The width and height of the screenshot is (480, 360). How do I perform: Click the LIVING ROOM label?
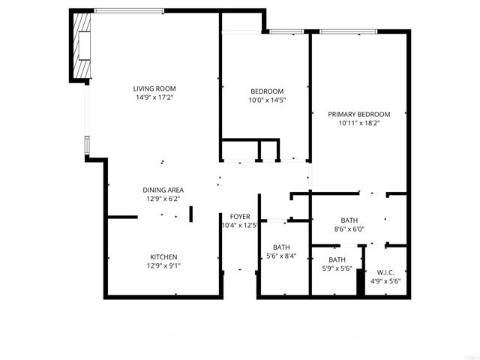155,88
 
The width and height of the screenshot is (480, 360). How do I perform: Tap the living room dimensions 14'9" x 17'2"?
155,97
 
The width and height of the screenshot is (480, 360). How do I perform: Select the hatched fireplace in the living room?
82,46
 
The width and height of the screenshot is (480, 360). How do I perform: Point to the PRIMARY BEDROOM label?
358,114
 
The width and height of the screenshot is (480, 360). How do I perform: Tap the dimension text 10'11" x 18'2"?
358,124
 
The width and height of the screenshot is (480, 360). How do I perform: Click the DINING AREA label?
163,190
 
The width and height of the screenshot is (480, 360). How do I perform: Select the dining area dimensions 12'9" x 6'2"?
163,199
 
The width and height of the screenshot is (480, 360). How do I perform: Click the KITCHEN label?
163,256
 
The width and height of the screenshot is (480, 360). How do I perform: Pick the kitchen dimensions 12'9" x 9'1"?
163,266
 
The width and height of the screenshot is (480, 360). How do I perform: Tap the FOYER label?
240,216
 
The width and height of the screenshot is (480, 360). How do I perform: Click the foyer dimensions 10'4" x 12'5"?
239,226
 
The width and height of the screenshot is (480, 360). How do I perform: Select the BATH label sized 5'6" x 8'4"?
281,247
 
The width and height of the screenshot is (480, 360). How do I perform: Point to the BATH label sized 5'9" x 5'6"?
337,259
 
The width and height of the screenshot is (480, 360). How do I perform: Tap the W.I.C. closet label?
385,272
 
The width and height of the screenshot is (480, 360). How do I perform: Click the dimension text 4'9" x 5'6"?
385,282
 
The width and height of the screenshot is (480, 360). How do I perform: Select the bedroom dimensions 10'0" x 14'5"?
266,100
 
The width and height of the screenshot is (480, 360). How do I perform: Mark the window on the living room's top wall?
127,10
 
